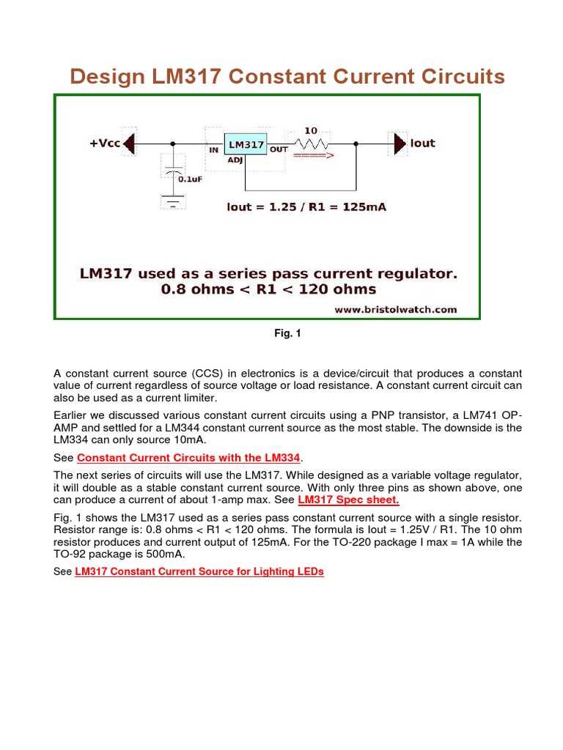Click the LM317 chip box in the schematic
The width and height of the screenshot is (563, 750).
tap(245, 145)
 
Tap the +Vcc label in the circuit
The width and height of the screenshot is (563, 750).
tap(104, 144)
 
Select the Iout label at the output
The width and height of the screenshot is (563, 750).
tap(422, 144)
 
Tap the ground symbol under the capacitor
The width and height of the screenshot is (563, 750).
tap(173, 202)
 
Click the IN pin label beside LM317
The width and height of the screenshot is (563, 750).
tap(214, 149)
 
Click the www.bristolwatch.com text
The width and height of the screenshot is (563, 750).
tap(395, 309)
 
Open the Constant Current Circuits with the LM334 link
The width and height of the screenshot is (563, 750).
tap(189, 458)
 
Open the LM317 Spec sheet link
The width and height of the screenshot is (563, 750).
tap(348, 500)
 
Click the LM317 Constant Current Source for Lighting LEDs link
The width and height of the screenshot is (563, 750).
tap(199, 572)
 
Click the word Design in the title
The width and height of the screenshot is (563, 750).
tap(104, 76)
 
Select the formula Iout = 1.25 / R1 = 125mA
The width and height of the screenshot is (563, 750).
tap(306, 207)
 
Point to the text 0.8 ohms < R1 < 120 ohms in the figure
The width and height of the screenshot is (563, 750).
tap(268, 289)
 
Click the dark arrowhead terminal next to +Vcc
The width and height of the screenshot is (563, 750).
tap(129, 144)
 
